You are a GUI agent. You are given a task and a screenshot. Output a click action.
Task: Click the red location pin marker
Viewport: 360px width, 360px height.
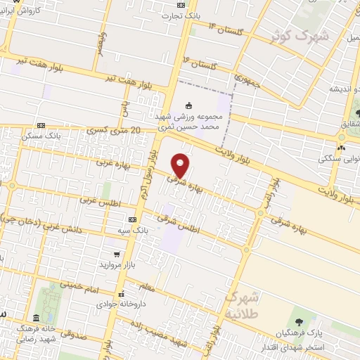tap(181, 165)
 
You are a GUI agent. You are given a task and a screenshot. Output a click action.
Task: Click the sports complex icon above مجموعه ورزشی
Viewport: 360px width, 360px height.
tap(188, 105)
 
